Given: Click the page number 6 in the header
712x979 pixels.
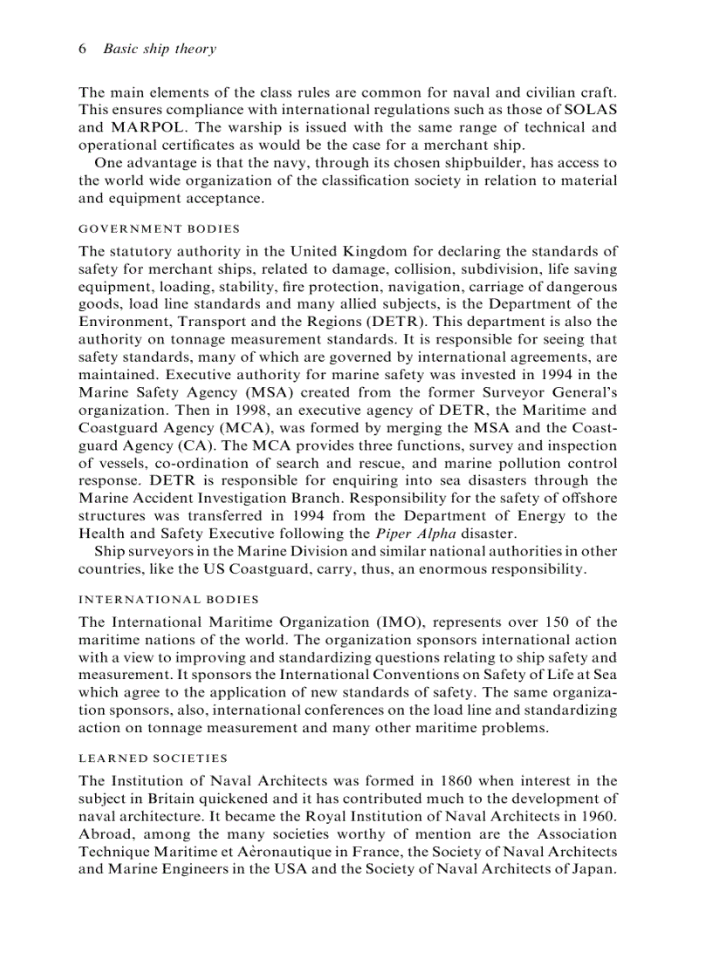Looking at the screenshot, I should coord(82,49).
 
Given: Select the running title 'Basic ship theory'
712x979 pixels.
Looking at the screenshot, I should coord(159,49).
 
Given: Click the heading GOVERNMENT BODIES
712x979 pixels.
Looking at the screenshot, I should coord(159,229).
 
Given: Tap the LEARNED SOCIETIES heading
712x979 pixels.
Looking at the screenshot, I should coord(153,758).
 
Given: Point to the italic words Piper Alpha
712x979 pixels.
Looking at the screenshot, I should coord(409,533).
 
